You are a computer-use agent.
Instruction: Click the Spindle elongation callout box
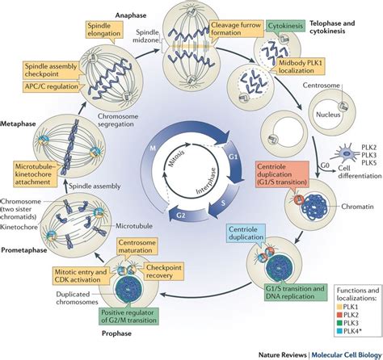(104, 30)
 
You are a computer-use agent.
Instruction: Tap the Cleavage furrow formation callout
(236, 29)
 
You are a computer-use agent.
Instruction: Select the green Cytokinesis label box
(285, 26)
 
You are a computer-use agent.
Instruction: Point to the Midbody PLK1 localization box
(300, 67)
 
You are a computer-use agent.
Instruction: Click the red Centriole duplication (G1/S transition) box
(282, 174)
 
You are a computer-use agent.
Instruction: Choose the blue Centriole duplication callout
(246, 233)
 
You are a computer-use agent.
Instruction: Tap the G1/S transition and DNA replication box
(295, 292)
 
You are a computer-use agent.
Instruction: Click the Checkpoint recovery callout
(163, 271)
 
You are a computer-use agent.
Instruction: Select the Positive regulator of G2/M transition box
(128, 316)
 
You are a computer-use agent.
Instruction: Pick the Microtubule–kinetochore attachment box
(35, 174)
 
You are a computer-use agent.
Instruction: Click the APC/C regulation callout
(51, 86)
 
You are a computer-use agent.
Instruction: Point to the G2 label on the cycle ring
(181, 216)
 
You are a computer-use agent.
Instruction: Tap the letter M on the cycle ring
(153, 148)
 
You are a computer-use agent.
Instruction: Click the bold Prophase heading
(116, 333)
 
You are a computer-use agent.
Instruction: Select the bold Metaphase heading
(19, 123)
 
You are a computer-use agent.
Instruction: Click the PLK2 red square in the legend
(339, 315)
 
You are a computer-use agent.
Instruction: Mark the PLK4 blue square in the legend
(339, 331)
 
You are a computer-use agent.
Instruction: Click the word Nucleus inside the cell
(328, 115)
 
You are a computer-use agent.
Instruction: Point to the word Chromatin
(357, 207)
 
